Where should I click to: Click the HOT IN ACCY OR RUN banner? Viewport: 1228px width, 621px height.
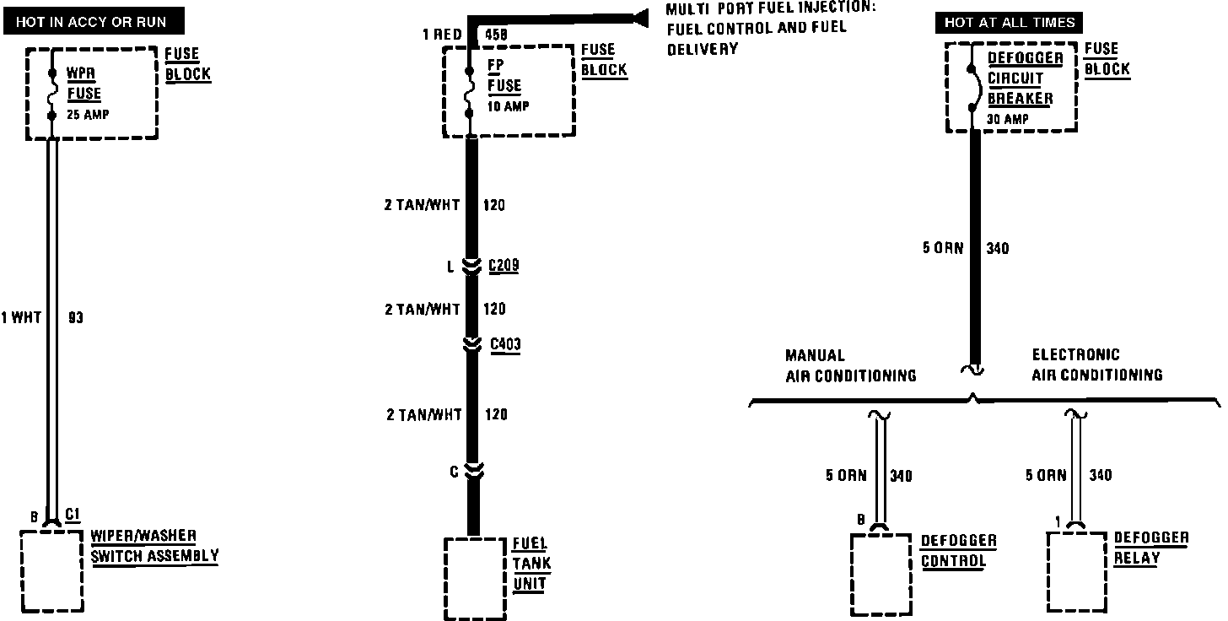point(91,22)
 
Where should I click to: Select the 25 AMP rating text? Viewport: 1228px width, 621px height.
point(87,115)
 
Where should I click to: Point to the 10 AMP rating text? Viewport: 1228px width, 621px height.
point(509,106)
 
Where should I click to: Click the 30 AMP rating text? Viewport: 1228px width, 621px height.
point(1007,119)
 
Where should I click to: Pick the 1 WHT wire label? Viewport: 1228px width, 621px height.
point(21,318)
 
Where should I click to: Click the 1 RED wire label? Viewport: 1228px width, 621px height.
point(441,35)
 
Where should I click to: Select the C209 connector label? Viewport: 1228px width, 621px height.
point(504,267)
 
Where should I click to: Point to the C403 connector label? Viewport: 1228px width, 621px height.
point(505,344)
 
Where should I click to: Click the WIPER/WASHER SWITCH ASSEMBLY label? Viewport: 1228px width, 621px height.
point(153,546)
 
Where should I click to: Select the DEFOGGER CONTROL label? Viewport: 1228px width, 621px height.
point(958,551)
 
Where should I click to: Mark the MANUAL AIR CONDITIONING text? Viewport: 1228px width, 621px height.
point(850,365)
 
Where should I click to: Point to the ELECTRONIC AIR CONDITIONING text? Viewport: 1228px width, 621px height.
point(1096,364)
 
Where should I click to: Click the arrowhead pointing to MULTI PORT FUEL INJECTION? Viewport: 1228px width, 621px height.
point(639,16)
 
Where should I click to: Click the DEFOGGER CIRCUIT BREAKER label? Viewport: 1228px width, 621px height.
point(1024,78)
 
